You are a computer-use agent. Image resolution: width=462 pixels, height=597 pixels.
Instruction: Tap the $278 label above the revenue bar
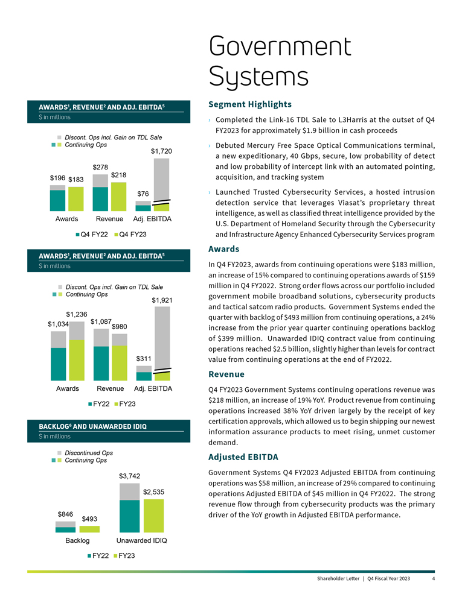pyautogui.click(x=100, y=167)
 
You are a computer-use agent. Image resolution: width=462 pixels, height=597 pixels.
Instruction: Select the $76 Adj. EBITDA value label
pyautogui.click(x=143, y=194)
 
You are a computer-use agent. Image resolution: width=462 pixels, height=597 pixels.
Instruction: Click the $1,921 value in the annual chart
pyautogui.click(x=162, y=300)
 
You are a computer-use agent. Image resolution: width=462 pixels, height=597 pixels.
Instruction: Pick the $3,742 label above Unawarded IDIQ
pyautogui.click(x=129, y=476)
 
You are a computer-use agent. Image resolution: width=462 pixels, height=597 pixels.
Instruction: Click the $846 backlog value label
pyautogui.click(x=65, y=514)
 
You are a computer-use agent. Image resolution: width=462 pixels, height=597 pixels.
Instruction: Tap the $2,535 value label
pyautogui.click(x=154, y=492)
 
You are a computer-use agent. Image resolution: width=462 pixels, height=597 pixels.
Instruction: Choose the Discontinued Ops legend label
pyautogui.click(x=89, y=453)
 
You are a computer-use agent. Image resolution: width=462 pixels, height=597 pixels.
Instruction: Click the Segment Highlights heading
pyautogui.click(x=249, y=104)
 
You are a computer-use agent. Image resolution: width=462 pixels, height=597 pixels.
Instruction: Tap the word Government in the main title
pyautogui.click(x=280, y=47)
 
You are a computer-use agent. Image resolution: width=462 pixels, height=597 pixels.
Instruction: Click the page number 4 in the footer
pyautogui.click(x=434, y=579)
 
